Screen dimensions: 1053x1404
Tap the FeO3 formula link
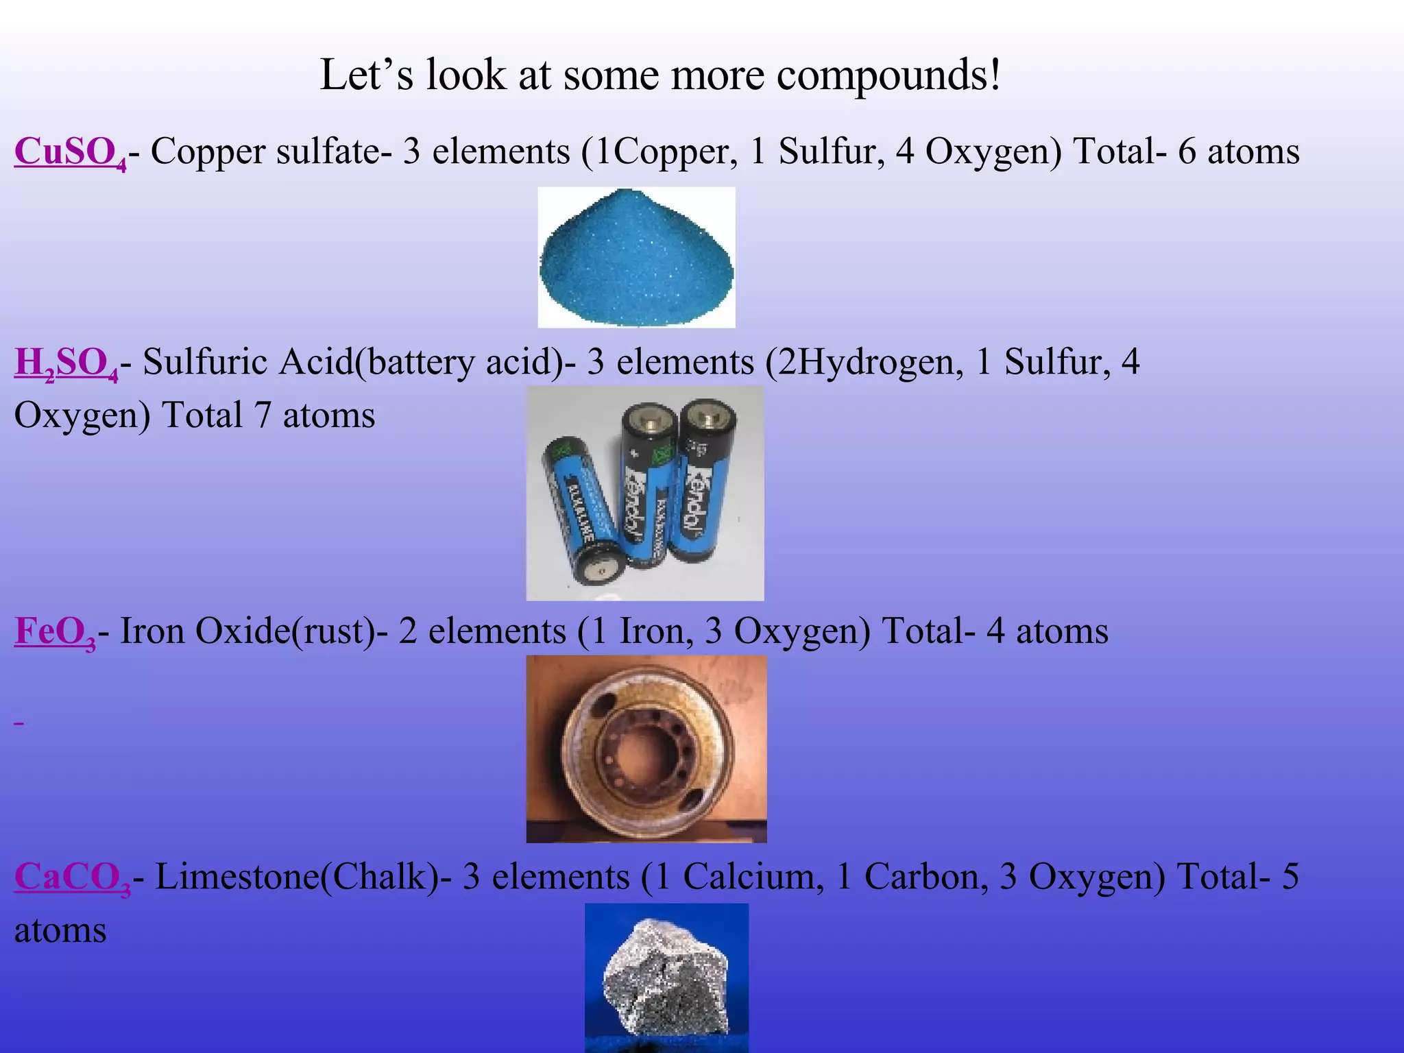pos(55,631)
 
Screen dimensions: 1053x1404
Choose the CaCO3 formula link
pos(72,877)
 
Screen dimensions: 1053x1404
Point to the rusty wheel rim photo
pos(646,749)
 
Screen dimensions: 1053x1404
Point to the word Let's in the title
pos(367,75)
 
